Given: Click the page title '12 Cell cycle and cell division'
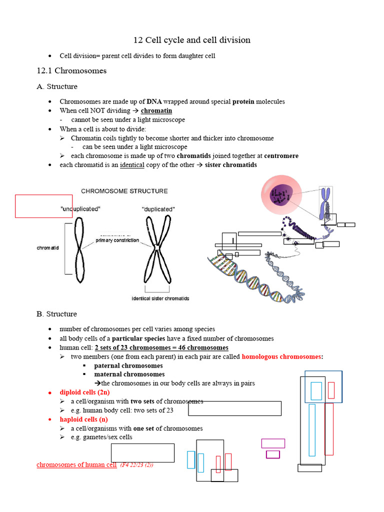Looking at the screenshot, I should click(x=191, y=40).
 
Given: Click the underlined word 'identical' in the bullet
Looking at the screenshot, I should click(x=132, y=165).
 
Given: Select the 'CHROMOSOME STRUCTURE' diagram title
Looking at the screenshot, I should click(x=124, y=191).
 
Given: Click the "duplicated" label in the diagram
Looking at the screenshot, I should click(x=158, y=209).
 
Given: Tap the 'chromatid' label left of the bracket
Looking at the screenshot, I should click(x=48, y=248).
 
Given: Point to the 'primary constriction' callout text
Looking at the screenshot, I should click(x=117, y=240).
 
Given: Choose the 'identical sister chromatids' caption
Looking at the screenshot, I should click(x=160, y=298).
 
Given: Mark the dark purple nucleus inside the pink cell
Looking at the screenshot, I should click(x=282, y=195).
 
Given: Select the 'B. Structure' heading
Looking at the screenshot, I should click(x=56, y=314).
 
